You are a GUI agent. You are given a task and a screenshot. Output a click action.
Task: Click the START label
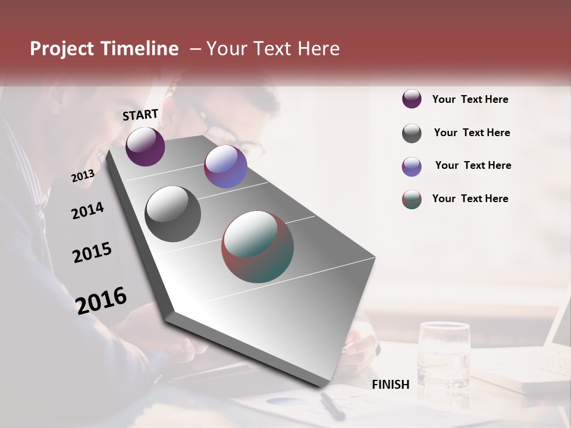[140, 115]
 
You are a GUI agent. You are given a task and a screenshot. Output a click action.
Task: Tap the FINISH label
[391, 385]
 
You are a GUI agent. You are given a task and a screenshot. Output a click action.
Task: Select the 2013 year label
[83, 176]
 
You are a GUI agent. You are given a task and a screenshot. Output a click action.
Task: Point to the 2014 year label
[87, 210]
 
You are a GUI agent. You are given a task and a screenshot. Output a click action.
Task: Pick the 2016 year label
[101, 300]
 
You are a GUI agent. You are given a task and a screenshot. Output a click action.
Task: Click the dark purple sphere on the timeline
[145, 146]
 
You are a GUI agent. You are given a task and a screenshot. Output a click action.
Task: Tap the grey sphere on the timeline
[172, 213]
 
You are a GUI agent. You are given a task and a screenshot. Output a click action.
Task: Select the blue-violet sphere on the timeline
[225, 166]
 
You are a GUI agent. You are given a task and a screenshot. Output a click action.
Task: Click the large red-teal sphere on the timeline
[257, 247]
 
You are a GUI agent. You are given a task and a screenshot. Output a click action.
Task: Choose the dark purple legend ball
[412, 99]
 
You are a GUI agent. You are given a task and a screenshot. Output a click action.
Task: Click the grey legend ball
[412, 133]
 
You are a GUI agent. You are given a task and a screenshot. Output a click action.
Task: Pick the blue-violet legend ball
[412, 166]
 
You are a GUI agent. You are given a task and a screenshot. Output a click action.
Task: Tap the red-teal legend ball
[412, 199]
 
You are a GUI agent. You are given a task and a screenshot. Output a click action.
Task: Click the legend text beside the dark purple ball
[470, 99]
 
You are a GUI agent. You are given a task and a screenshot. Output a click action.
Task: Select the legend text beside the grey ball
[472, 133]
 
